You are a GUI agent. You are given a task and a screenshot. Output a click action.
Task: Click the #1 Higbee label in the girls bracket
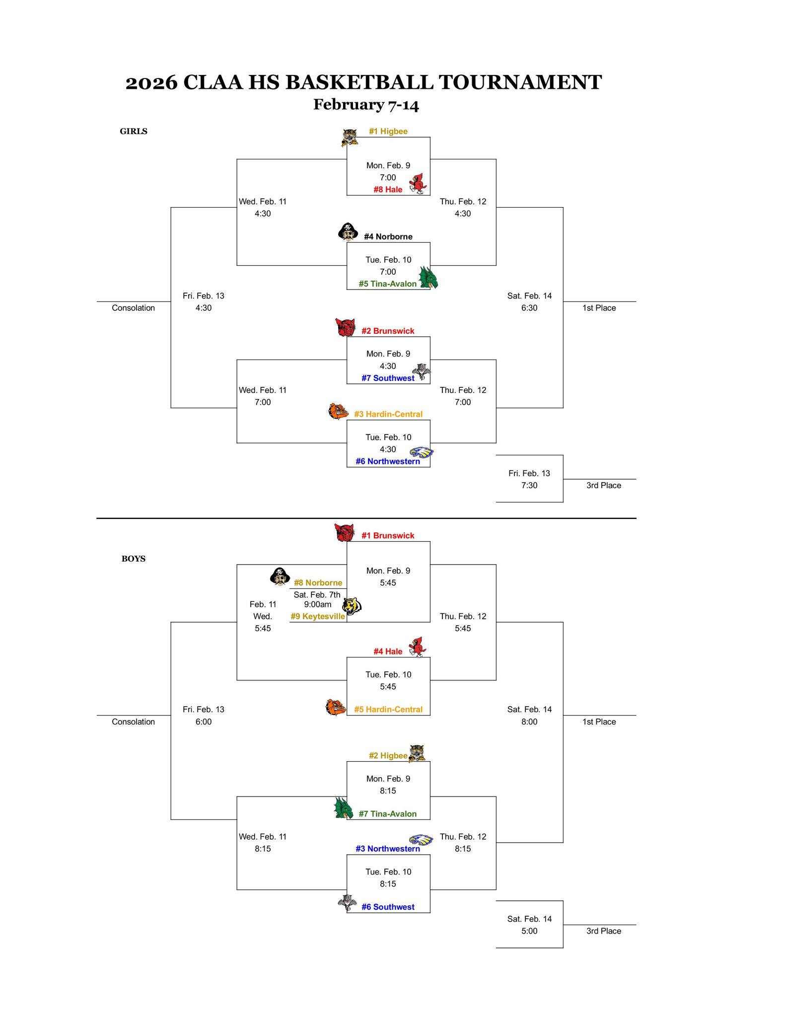click(388, 132)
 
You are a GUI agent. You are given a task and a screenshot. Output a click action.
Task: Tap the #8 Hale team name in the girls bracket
click(388, 190)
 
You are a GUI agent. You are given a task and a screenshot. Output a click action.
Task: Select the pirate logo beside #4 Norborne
click(348, 232)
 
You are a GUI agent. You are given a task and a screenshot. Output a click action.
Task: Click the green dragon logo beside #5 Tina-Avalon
click(428, 278)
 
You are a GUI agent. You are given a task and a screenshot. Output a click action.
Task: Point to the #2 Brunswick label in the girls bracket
click(387, 331)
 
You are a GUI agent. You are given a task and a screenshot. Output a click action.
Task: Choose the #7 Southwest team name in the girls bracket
click(387, 378)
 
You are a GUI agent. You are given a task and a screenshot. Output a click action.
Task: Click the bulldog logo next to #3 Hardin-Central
click(338, 412)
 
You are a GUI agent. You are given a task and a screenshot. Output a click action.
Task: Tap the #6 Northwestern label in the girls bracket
click(387, 462)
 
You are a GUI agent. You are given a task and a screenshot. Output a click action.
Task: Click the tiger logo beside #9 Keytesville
click(353, 606)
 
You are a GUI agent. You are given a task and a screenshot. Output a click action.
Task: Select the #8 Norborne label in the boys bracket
click(318, 583)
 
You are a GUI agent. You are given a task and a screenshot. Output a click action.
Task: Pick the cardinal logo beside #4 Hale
click(417, 647)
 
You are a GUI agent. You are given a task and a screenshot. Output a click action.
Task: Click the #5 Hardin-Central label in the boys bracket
click(388, 710)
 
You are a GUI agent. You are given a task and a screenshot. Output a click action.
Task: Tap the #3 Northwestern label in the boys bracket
click(387, 849)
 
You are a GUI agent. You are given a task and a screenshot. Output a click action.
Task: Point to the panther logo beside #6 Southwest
click(347, 902)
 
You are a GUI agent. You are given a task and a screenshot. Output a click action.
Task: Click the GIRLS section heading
click(134, 132)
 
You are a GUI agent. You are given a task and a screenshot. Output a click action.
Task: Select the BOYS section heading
click(134, 559)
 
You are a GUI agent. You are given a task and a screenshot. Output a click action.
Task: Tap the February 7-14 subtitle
click(366, 105)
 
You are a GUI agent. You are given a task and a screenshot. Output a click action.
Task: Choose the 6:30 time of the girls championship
click(529, 308)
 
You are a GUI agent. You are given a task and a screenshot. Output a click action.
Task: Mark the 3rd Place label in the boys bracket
click(603, 931)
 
